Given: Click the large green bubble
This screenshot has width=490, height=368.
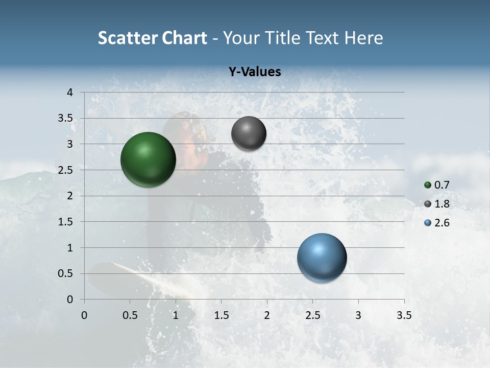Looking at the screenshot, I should (148, 159).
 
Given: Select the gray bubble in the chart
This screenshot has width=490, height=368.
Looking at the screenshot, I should (249, 133).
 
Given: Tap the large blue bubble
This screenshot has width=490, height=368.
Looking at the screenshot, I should (322, 258).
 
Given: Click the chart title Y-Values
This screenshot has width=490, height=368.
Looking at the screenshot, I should (254, 72).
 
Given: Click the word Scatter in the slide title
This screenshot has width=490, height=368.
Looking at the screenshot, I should (127, 38).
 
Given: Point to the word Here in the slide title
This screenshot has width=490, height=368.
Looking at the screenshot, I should (363, 38).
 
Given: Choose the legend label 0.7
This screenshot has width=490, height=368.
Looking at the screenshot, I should (442, 185).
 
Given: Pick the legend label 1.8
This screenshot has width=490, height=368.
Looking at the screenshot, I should (442, 204).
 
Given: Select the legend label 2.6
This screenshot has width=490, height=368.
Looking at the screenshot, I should (442, 223).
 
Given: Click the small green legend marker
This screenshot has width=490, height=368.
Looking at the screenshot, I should (428, 185).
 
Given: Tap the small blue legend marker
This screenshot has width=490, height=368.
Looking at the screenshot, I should (428, 223).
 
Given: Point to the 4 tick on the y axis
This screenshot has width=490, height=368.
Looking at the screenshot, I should (70, 93).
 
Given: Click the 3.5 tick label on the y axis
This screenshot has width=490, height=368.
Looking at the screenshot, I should (66, 118).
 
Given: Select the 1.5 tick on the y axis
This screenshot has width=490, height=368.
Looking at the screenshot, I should (66, 222).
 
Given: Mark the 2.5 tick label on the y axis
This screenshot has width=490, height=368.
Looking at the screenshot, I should (66, 170).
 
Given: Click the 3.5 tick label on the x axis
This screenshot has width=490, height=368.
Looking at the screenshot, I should (404, 315).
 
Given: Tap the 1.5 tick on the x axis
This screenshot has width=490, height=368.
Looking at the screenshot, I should (221, 315).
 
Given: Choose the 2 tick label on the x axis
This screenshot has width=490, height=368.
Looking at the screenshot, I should (267, 315).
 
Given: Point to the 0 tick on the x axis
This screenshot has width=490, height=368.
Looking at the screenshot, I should (84, 315).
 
